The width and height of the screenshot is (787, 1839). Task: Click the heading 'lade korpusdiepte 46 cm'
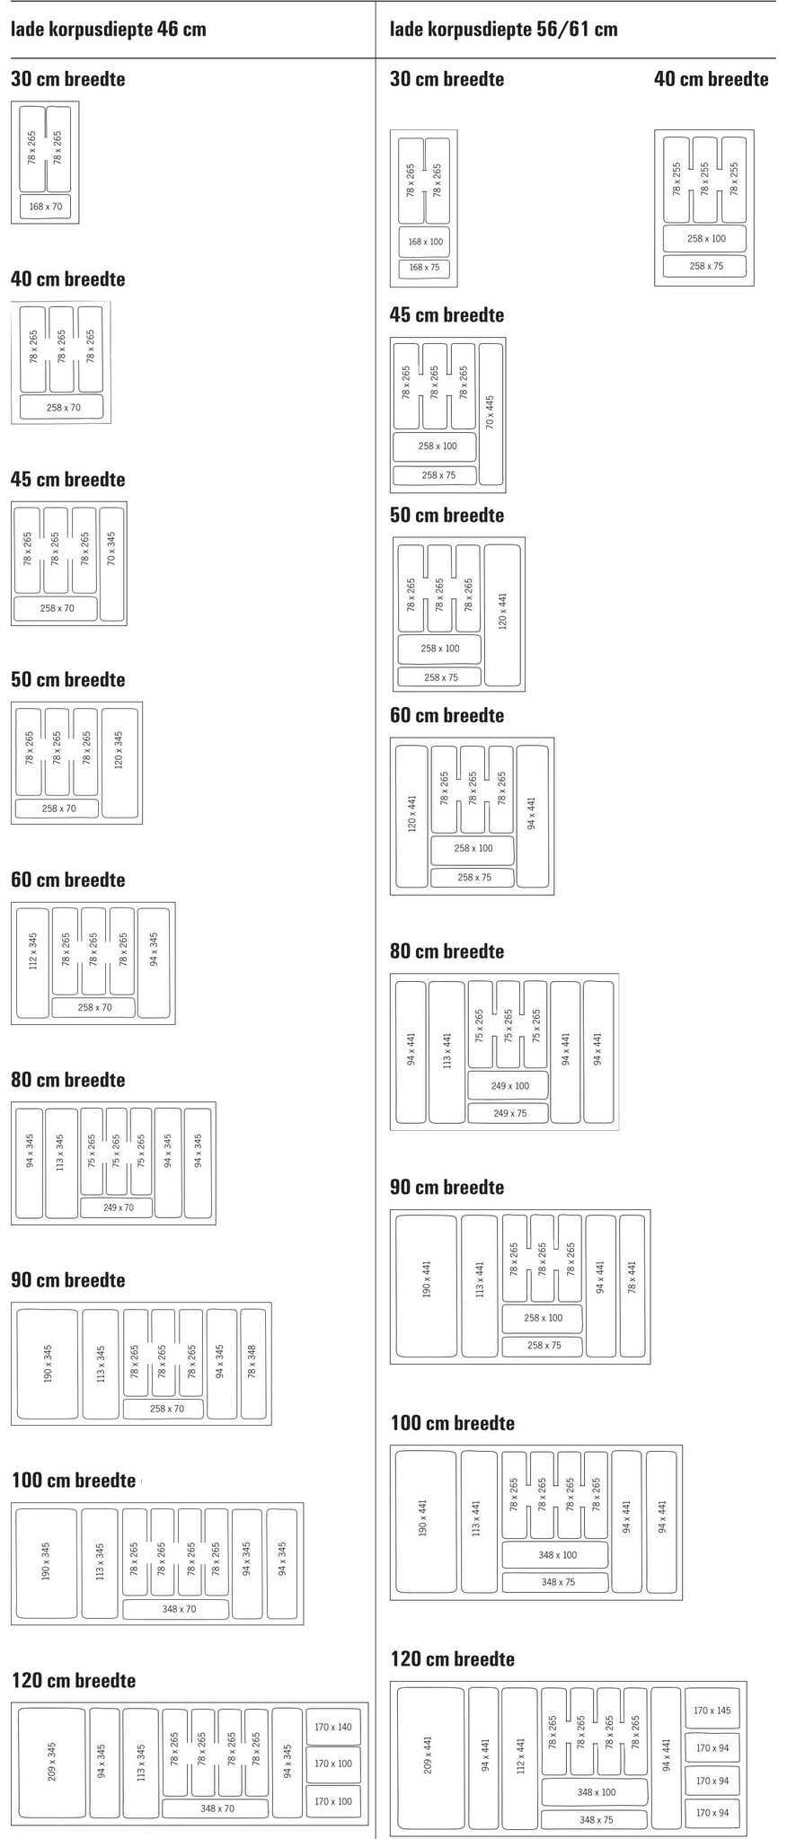tap(109, 30)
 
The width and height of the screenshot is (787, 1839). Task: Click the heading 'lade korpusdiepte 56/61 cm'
tap(503, 30)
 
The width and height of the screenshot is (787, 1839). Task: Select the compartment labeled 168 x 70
tap(46, 208)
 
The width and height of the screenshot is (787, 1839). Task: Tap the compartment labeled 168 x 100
tap(426, 242)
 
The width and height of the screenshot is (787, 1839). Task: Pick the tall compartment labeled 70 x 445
tap(491, 412)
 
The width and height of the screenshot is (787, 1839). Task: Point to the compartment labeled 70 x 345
tap(111, 563)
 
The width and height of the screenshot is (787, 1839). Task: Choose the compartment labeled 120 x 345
tap(119, 762)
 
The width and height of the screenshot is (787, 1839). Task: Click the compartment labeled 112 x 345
tap(33, 962)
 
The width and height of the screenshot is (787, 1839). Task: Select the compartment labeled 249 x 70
tap(118, 1207)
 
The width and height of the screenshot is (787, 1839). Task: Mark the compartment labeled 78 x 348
tap(253, 1363)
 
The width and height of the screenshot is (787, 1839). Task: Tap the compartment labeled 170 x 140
tap(332, 1727)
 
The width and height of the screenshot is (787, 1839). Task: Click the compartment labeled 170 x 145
tap(712, 1711)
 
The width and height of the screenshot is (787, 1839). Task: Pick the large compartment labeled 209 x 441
tap(429, 1758)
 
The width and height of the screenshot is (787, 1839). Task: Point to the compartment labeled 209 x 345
tap(51, 1763)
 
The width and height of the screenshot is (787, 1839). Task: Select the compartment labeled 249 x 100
tap(509, 1086)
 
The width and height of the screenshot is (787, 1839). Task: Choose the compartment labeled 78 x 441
tap(632, 1285)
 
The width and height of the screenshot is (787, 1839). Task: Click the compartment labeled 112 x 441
tap(518, 1758)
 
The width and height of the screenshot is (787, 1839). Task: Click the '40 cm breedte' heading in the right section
tap(711, 79)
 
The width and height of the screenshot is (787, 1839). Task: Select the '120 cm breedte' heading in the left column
tap(74, 1680)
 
